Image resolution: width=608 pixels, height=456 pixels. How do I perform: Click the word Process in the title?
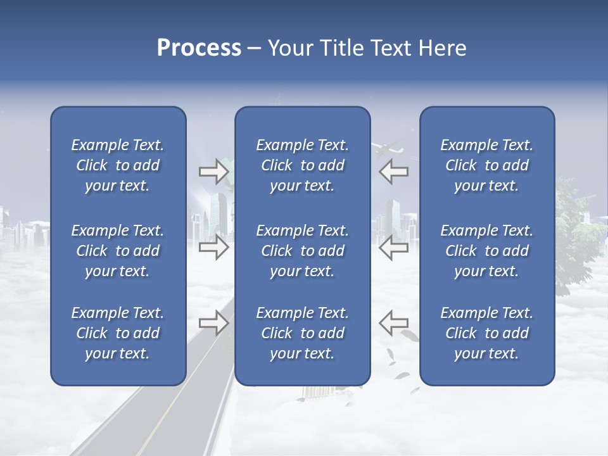[199, 48]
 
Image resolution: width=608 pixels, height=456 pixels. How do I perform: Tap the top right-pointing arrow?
[213, 172]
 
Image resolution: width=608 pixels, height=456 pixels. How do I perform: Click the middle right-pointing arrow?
[213, 247]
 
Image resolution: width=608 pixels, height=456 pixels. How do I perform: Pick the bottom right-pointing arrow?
[213, 323]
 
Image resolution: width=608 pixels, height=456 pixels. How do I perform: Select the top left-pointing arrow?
[393, 172]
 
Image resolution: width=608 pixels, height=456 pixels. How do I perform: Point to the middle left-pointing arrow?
[393, 247]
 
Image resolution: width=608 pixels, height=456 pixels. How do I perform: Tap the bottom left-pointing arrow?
[393, 323]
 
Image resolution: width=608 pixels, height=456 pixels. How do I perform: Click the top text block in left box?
[118, 165]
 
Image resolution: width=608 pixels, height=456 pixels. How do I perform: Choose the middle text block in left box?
[118, 251]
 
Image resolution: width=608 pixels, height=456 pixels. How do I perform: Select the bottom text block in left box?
[118, 333]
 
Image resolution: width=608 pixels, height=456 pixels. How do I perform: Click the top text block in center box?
[302, 165]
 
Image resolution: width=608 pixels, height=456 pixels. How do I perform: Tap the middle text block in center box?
[302, 251]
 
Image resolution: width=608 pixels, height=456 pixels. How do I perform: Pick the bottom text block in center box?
[302, 333]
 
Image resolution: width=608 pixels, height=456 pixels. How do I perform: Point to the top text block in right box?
[486, 165]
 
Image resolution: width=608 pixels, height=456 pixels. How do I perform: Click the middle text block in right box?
[486, 251]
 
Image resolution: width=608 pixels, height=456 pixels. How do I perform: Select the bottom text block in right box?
[486, 333]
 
